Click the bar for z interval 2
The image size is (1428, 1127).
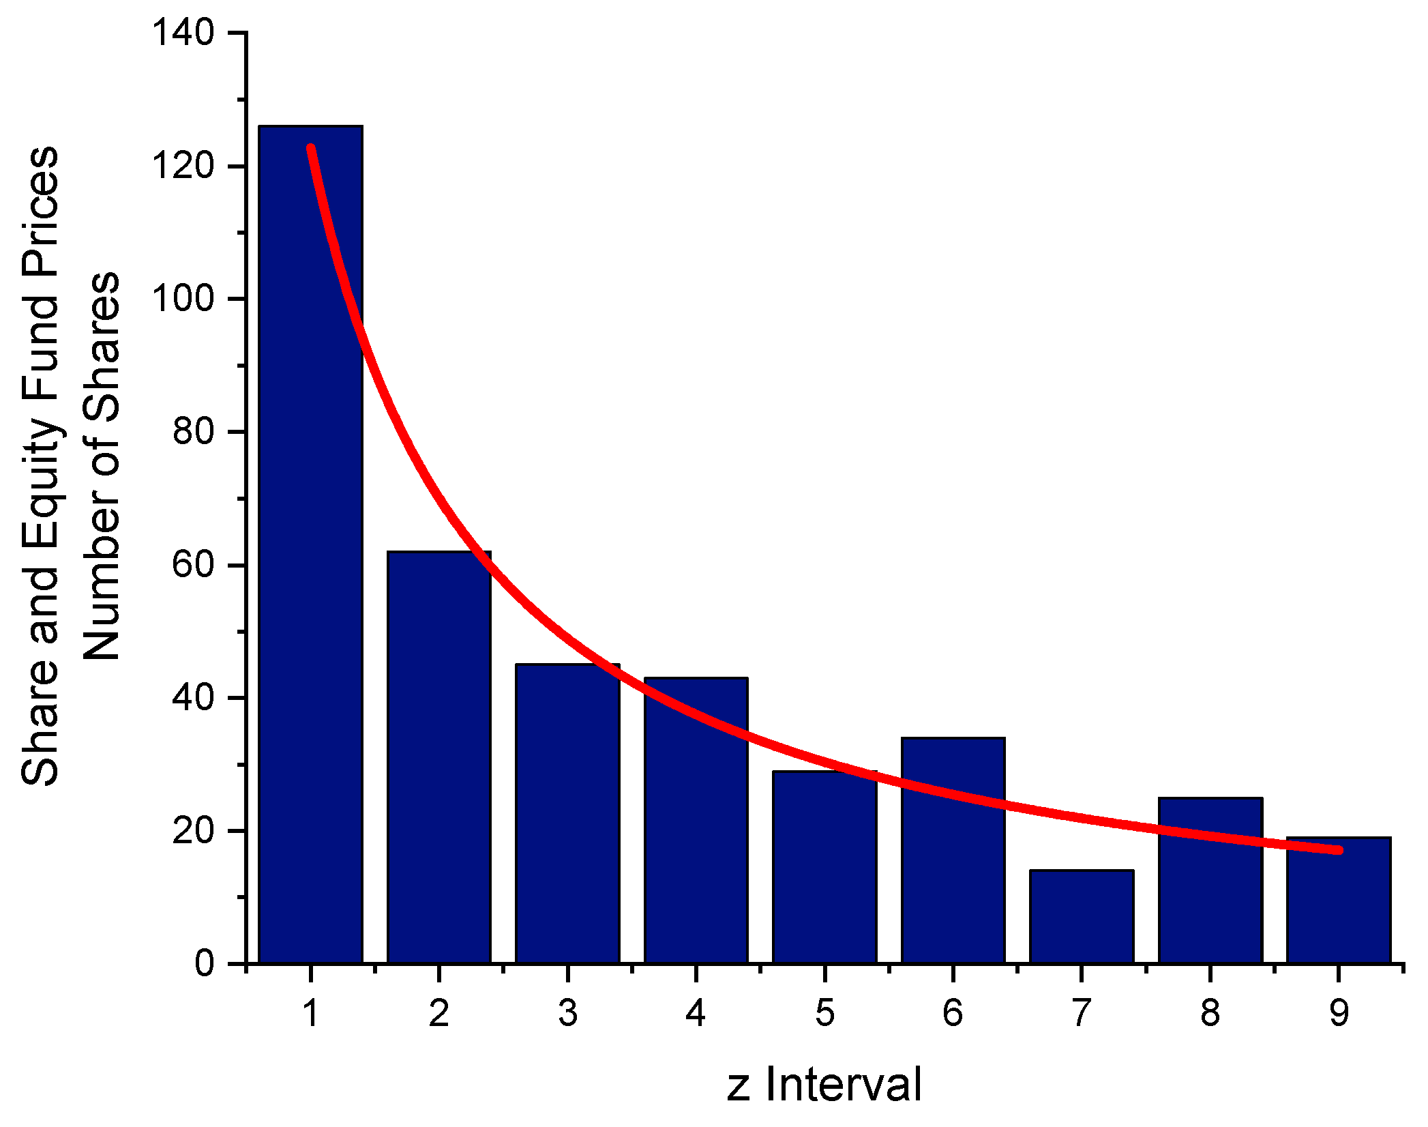point(438,757)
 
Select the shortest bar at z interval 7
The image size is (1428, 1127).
point(1082,918)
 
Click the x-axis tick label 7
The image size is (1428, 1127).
point(1082,1013)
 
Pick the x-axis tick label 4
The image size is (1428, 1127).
point(696,1013)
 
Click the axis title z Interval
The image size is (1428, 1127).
point(824,1085)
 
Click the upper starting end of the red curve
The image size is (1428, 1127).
point(311,148)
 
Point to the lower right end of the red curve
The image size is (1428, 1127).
point(1339,850)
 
